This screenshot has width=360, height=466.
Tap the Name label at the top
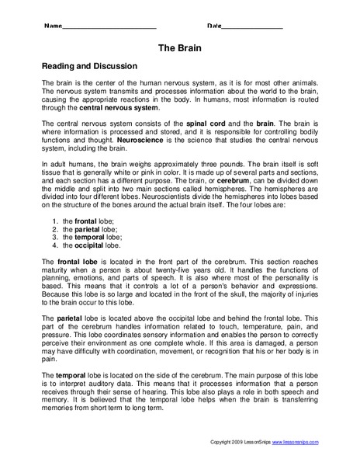pos(52,26)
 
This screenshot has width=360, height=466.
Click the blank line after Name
pos(109,26)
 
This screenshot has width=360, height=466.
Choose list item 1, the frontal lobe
pos(82,243)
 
